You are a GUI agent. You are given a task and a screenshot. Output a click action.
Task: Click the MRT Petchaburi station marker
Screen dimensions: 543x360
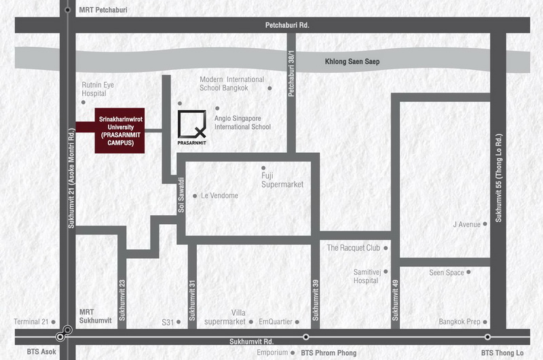coord(68,10)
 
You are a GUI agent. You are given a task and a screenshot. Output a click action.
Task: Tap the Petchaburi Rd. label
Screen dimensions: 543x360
coord(287,25)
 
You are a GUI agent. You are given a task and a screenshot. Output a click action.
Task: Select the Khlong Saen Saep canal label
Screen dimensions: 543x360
coord(352,62)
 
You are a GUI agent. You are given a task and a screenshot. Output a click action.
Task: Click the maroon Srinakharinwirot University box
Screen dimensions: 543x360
coord(120,130)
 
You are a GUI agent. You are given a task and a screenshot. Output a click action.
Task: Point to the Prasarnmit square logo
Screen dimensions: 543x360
coord(192,124)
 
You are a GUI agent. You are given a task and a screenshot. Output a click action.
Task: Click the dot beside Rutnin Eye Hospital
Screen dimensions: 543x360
coord(83,102)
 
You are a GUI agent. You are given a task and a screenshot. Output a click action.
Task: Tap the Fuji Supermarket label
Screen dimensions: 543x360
coord(282,180)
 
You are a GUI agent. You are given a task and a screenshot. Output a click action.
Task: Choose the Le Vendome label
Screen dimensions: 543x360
coord(219,196)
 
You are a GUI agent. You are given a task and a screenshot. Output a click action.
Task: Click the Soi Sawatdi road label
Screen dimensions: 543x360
coord(181,195)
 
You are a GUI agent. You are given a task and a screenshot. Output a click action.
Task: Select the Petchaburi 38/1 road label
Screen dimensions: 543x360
coord(291,73)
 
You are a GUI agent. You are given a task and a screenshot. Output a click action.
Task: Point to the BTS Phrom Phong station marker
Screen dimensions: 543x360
coord(306,337)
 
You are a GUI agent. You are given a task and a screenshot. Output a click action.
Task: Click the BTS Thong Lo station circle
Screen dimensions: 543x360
coord(487,337)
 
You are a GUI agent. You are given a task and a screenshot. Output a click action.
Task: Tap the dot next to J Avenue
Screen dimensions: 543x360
coord(485,224)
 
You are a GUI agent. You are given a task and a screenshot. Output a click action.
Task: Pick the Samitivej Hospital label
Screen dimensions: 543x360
coord(367,276)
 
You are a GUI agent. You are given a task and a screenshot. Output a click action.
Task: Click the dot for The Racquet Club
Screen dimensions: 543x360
coord(386,248)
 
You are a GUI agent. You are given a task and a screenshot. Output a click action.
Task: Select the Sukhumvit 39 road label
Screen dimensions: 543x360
coord(315,300)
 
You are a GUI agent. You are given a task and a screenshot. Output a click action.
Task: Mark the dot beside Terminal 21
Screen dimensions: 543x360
coord(54,322)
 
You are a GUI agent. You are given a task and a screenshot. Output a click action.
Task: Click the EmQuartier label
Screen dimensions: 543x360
coord(276,322)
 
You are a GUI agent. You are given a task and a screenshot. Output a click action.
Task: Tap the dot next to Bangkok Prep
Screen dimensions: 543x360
coord(485,322)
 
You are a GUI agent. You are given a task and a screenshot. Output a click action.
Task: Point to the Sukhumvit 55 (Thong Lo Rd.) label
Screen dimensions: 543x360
coord(498,178)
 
